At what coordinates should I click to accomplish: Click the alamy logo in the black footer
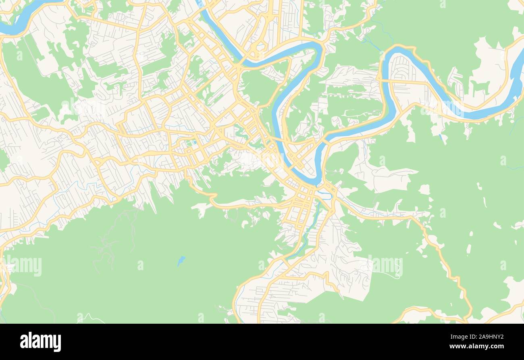(x=41, y=341)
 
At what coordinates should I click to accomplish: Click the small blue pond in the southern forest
(x=181, y=261)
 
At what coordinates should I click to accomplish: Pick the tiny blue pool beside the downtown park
(x=193, y=142)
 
